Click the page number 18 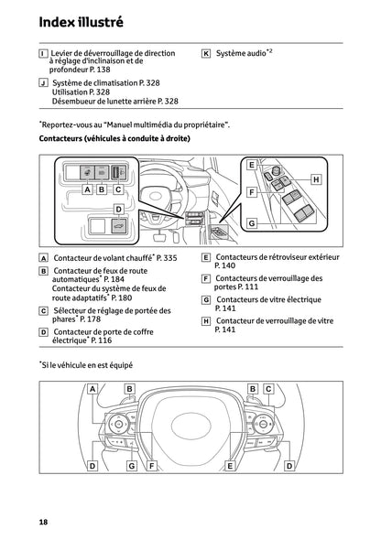pos(43,521)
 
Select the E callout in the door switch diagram pos(250,165)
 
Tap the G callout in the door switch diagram pos(250,222)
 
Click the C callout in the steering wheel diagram pos(268,389)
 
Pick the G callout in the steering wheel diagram pos(132,466)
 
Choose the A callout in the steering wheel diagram pos(93,389)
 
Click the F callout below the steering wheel pos(151,466)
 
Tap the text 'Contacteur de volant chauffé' pos(103,260)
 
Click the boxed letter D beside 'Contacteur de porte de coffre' pos(44,331)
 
